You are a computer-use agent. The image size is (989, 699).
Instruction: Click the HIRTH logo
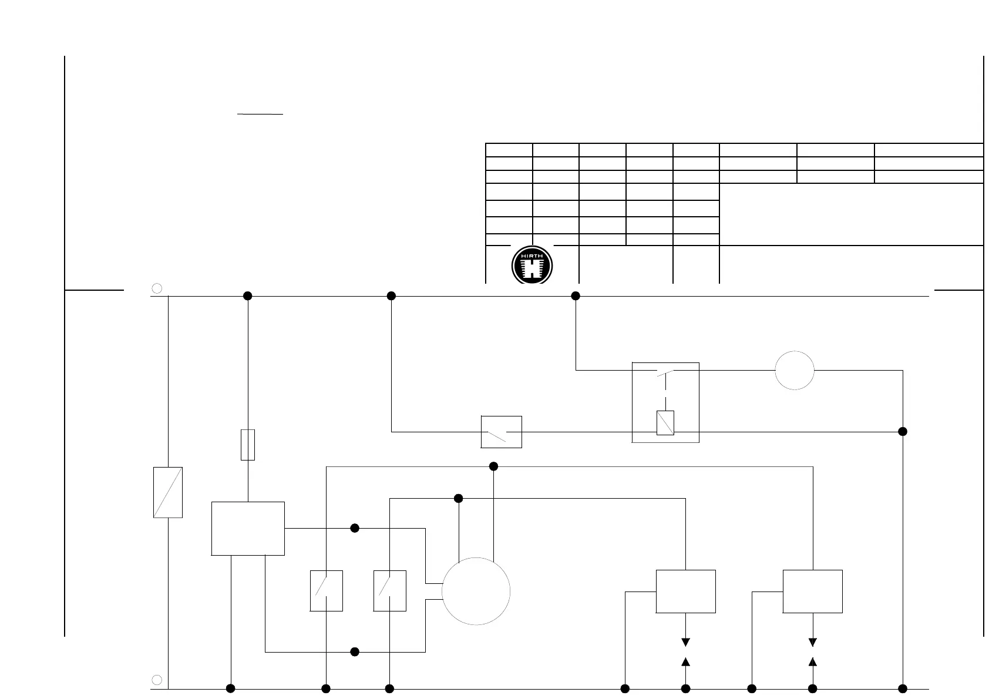click(532, 265)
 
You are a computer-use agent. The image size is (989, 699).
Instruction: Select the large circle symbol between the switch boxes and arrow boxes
click(476, 591)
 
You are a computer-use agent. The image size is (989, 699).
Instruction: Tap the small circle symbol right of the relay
click(795, 370)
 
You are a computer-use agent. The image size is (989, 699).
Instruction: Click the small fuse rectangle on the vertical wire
click(248, 445)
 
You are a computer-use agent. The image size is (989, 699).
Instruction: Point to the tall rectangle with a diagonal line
click(168, 492)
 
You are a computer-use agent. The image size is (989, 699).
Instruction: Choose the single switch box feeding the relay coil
click(502, 432)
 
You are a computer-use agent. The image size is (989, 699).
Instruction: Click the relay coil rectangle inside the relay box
click(665, 423)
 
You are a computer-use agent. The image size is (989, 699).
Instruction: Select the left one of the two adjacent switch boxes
click(326, 591)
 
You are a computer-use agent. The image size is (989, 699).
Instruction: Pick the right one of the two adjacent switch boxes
click(390, 591)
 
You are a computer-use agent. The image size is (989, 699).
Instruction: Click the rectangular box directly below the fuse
click(248, 528)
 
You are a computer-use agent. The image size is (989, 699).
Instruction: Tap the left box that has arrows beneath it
click(685, 592)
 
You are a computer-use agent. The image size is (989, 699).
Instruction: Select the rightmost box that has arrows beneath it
click(813, 592)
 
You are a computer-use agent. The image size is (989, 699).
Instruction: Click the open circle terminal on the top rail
click(157, 288)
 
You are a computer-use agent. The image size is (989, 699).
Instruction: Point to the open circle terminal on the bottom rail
click(157, 680)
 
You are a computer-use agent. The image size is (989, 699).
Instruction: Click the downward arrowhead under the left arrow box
click(685, 642)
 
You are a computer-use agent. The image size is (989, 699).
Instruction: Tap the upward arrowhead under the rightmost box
click(813, 662)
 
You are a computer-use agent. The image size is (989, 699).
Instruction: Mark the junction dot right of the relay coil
click(903, 432)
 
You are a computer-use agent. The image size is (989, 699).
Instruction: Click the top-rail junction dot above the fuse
click(248, 296)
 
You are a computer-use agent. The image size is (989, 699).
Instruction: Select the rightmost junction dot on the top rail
click(576, 296)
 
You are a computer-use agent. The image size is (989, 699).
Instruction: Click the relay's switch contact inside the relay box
click(665, 372)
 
